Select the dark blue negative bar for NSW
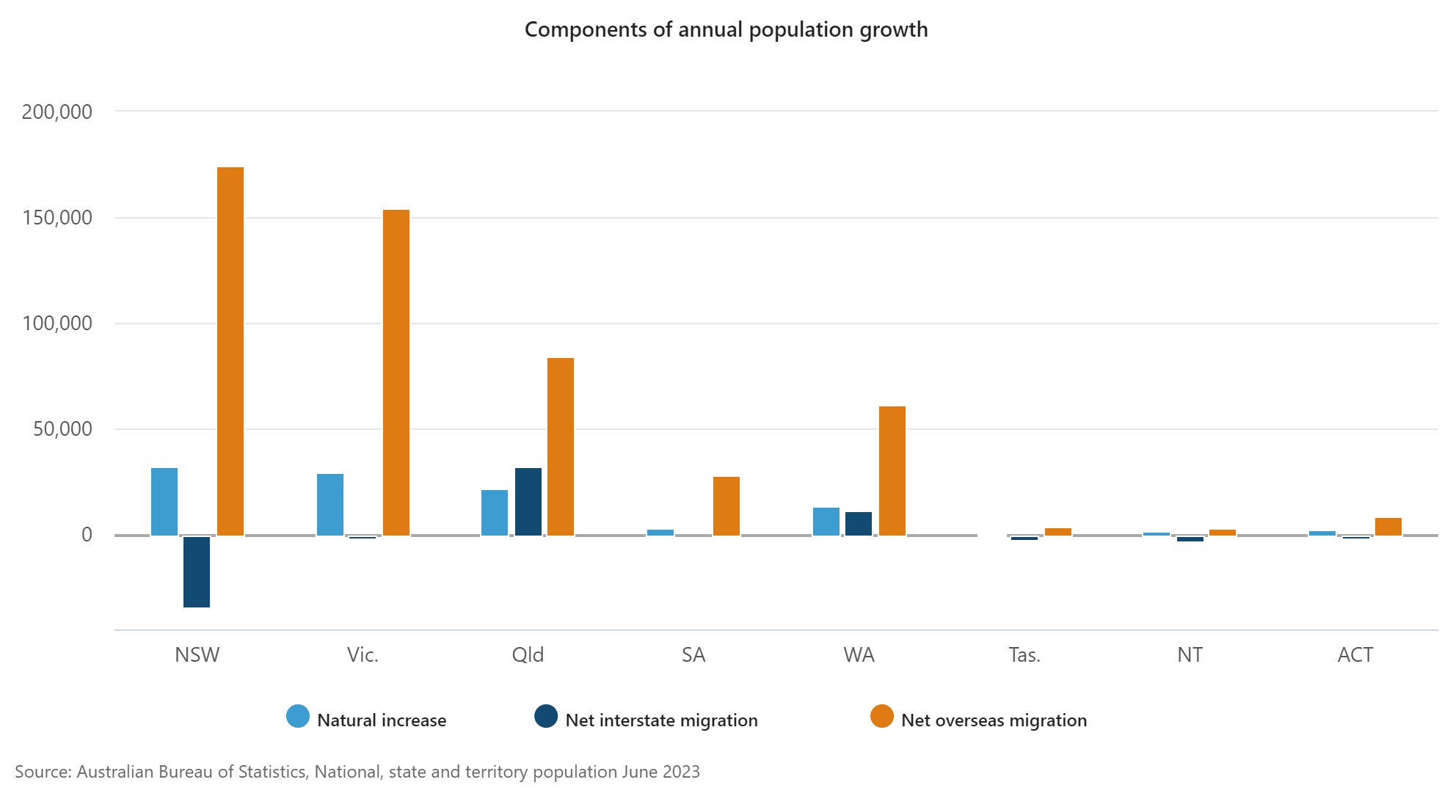pos(197,572)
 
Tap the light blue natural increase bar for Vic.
pos(330,504)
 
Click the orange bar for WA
pos(892,470)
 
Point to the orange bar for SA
pos(726,505)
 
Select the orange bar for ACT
pos(1388,526)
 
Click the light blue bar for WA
pos(826,521)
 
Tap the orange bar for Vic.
pos(396,372)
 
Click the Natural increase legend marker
pos(298,717)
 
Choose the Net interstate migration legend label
pos(661,720)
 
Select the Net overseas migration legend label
pos(994,720)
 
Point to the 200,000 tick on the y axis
pos(57,112)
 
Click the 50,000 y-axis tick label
pos(63,429)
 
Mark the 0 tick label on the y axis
pos(87,535)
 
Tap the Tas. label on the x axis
pos(1024,654)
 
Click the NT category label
pos(1190,654)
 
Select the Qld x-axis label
pos(528,654)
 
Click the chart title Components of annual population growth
pos(726,29)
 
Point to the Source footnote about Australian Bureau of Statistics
pos(357,772)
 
